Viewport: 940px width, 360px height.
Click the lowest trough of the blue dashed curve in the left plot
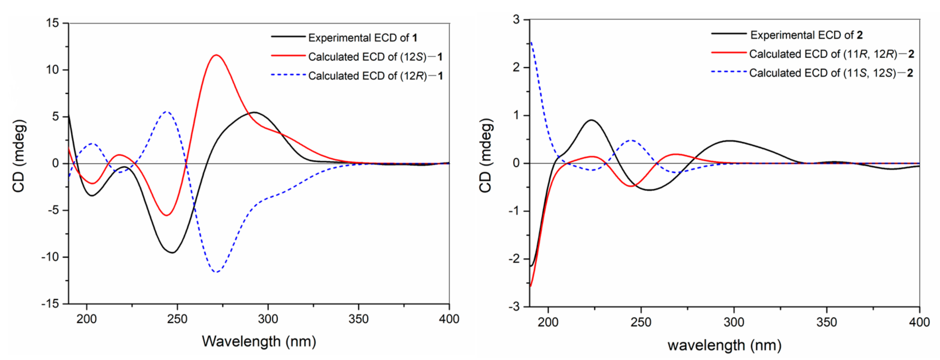tap(217, 272)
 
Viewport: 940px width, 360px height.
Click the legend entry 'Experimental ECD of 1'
tap(362, 38)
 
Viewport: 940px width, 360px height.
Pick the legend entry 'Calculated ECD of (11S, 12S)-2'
tap(831, 73)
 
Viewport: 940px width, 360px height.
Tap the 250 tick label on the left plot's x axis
tap(177, 319)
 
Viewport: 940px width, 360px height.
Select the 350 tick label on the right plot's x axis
tap(826, 322)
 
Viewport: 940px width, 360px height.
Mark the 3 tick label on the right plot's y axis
tap(516, 20)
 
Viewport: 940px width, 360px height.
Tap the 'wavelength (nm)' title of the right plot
tap(724, 345)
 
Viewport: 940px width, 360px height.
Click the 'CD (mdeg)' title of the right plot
tap(486, 156)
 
